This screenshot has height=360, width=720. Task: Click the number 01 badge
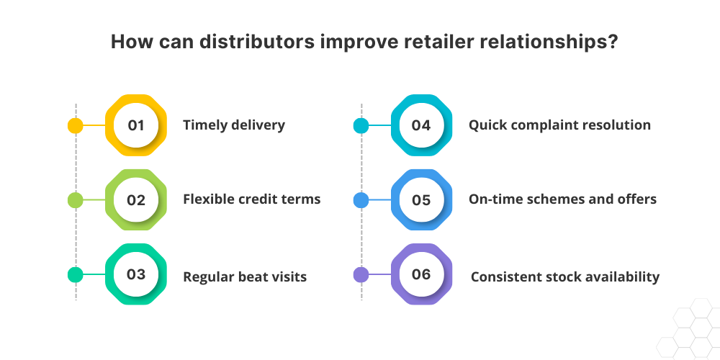pos(136,125)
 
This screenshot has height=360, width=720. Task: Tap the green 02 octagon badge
pos(136,199)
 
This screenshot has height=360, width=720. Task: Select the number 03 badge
pos(136,274)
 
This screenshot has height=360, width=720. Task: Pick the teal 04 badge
pos(421,125)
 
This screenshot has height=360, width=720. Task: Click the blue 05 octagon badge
pos(421,199)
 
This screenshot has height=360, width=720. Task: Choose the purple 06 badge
pos(421,274)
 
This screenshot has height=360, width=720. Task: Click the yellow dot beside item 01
pos(76,125)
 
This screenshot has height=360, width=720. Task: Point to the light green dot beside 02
pos(76,199)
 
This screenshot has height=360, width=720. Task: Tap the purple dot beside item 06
pos(361,274)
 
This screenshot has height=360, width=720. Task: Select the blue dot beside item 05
pos(361,199)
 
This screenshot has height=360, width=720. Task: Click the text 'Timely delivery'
pos(234,125)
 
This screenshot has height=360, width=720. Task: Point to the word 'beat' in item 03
pos(253,276)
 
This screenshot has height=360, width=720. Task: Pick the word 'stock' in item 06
pos(561,276)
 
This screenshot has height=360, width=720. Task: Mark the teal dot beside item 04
pos(361,125)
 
